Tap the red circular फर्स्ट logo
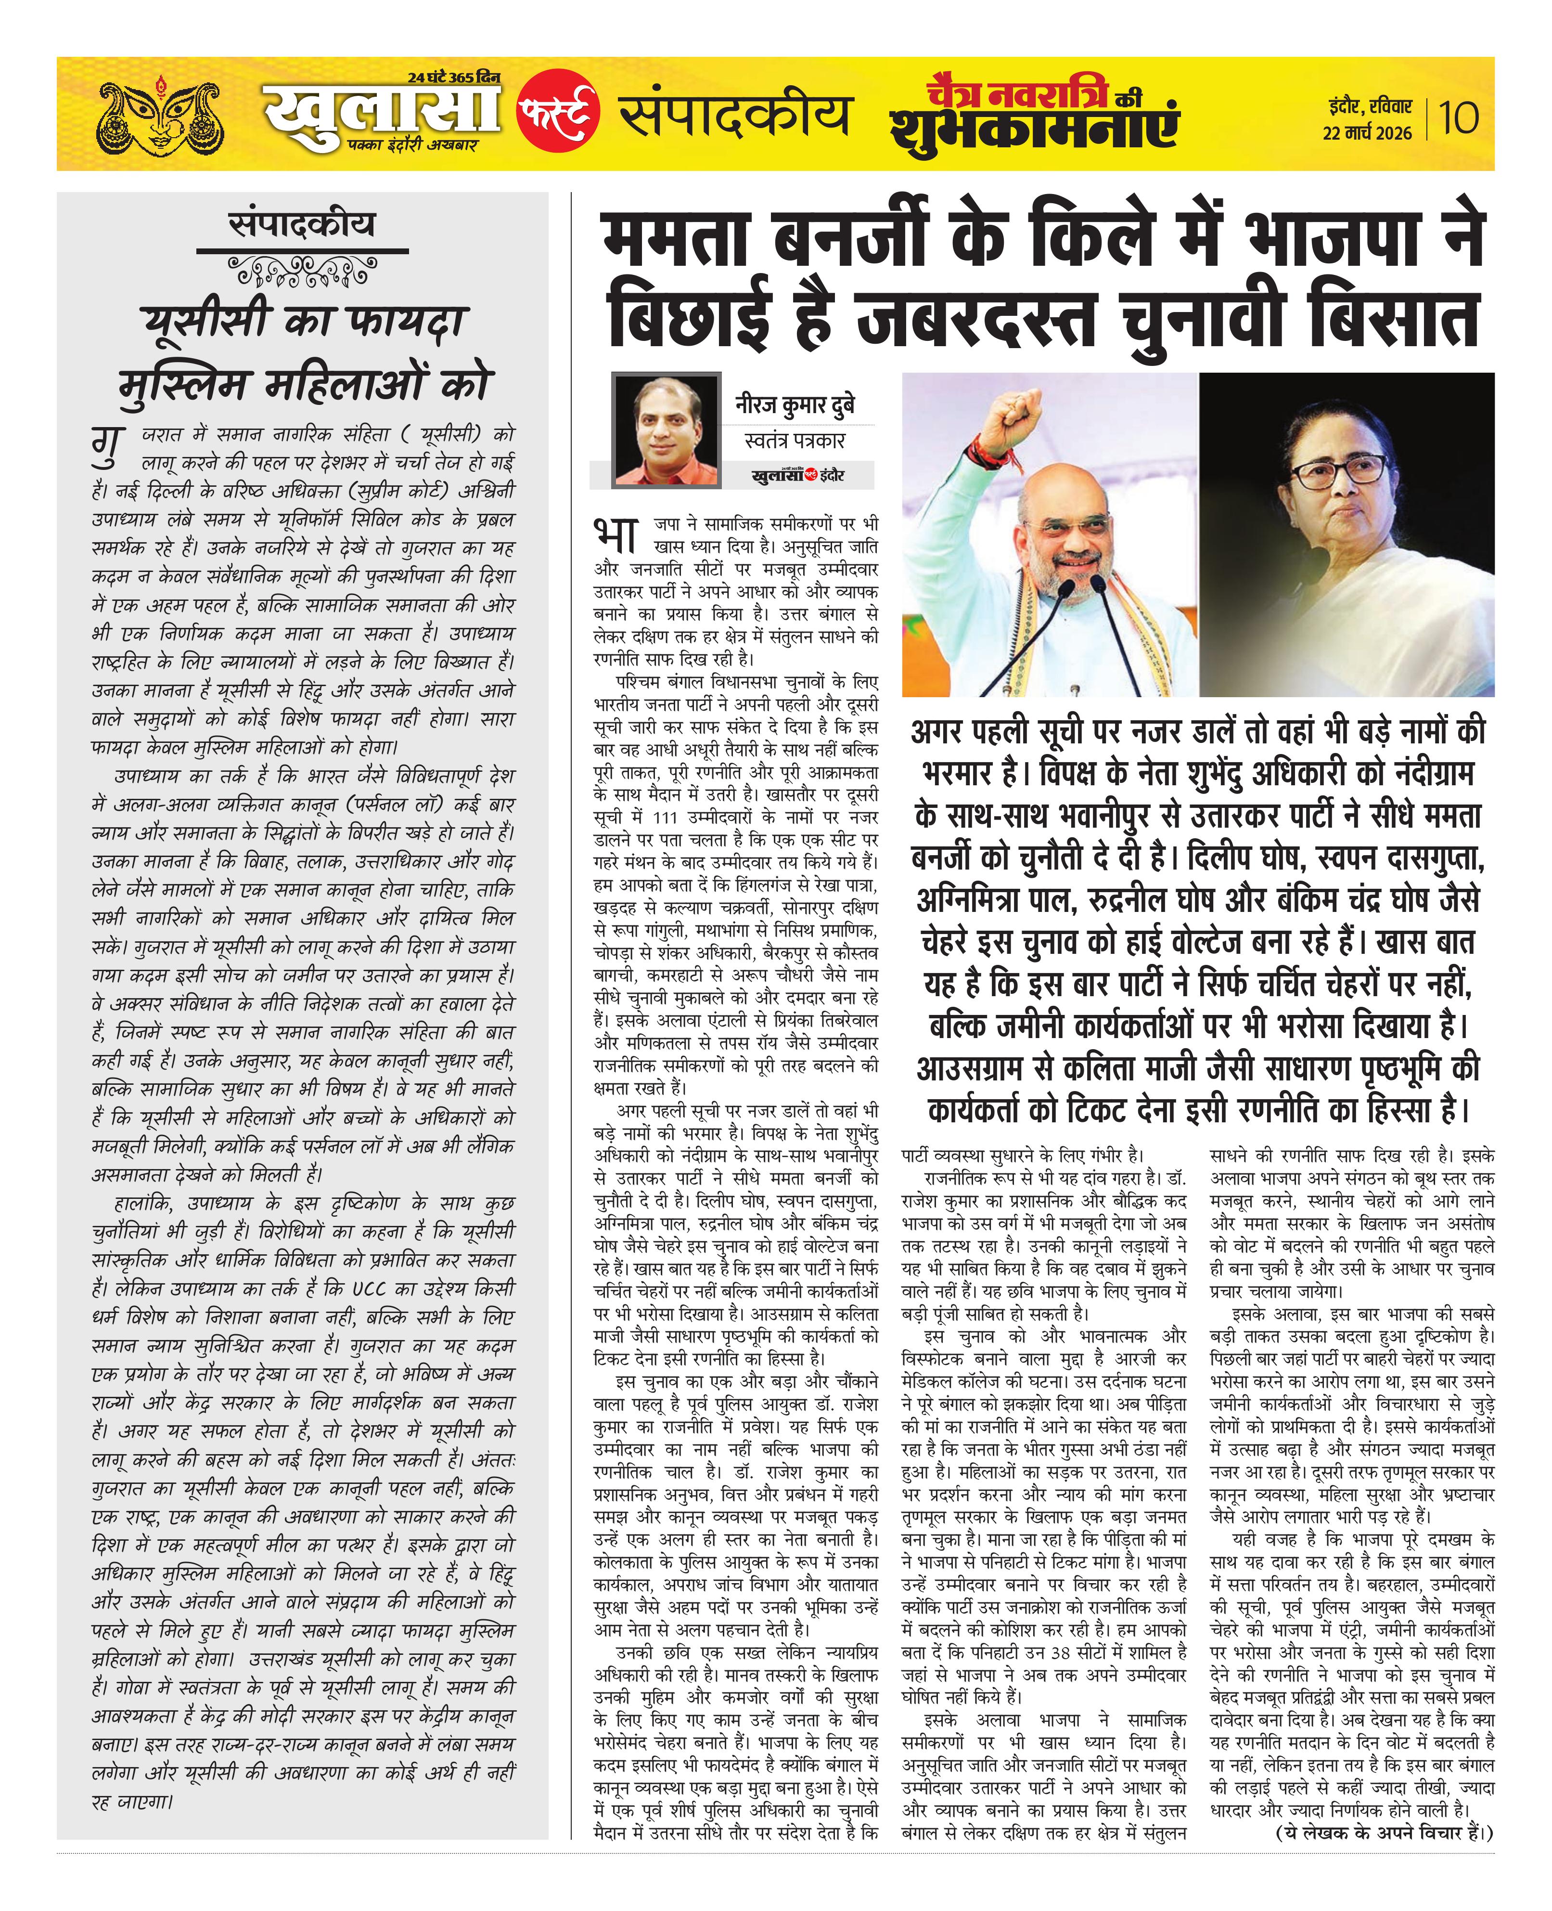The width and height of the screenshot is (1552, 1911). point(558,110)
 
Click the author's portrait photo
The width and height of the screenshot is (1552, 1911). point(666,430)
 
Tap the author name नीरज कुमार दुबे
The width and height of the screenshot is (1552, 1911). point(795,405)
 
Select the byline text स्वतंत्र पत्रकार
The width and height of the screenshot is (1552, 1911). point(795,440)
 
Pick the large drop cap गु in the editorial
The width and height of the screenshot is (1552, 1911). point(107,444)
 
